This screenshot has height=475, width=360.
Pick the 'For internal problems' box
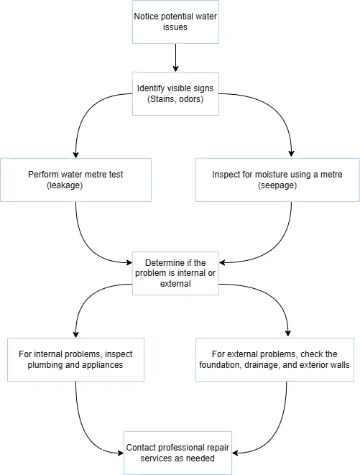click(x=75, y=359)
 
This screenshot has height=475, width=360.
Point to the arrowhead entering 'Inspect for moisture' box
click(x=291, y=154)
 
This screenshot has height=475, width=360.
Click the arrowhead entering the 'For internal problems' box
click(x=75, y=333)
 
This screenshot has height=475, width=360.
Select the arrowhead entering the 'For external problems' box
click(x=288, y=333)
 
